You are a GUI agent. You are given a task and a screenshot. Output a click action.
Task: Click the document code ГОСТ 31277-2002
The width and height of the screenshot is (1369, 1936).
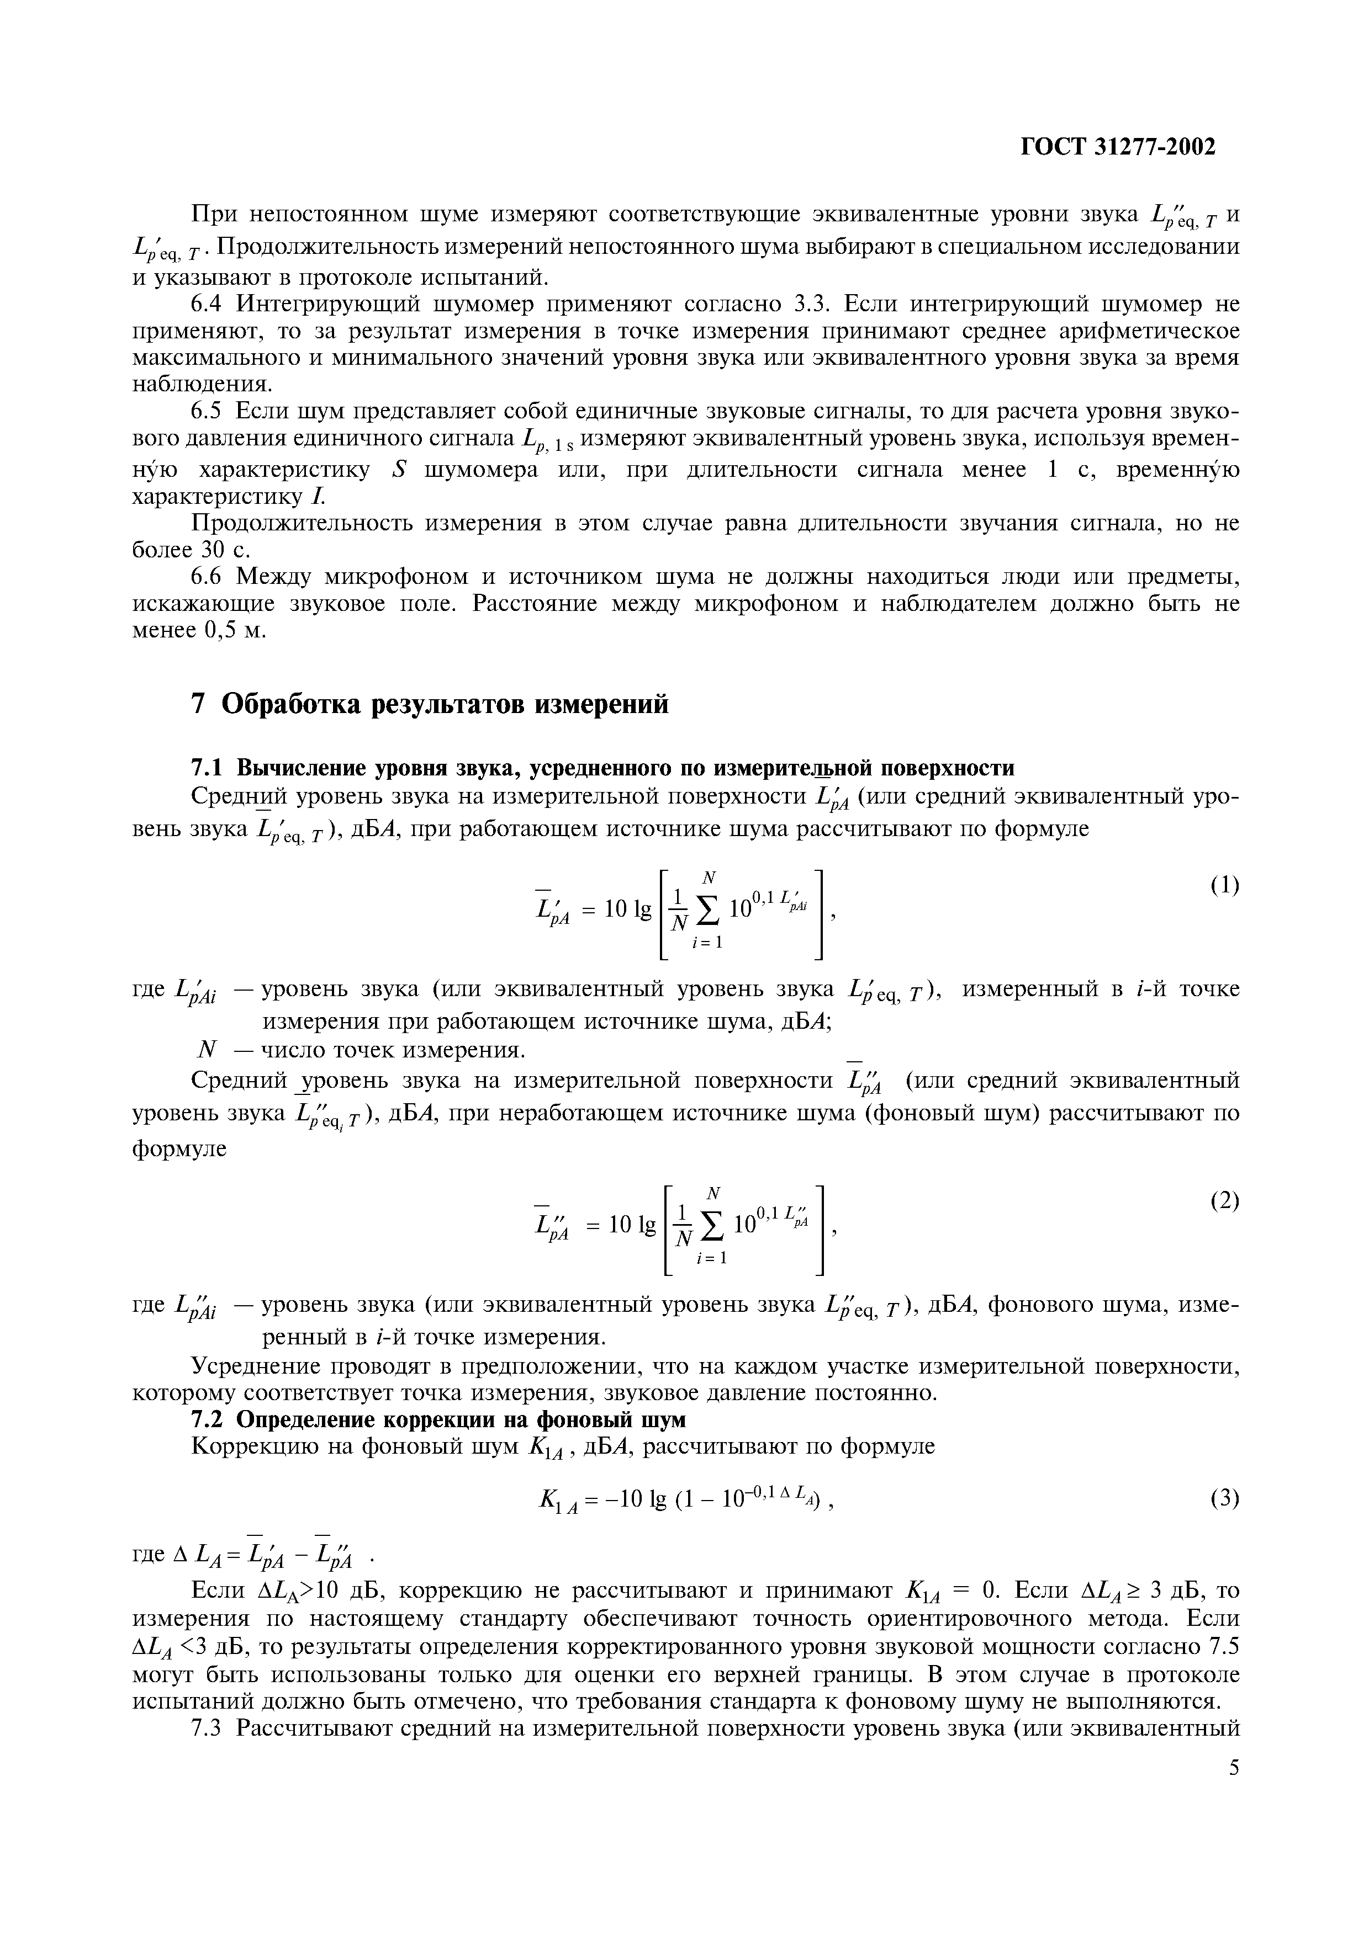click(x=1119, y=147)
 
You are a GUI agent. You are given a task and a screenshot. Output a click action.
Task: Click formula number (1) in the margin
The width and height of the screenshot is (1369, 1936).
click(x=1225, y=885)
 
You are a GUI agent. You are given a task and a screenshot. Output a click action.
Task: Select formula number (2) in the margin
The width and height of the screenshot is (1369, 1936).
click(x=1225, y=1201)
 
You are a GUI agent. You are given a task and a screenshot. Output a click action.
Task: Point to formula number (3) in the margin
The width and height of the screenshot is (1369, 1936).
click(x=1225, y=1498)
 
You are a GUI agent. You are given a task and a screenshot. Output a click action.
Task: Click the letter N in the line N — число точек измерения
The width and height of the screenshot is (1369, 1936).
click(x=206, y=1051)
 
